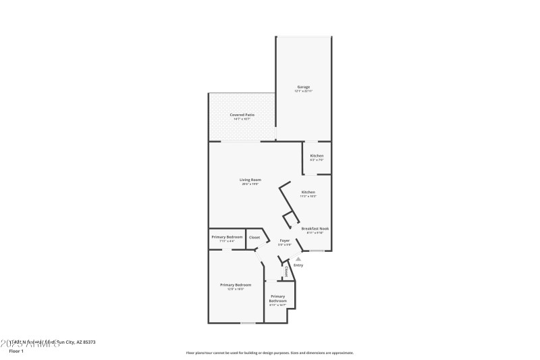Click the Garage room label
[x=303, y=88]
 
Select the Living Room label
[x=250, y=181]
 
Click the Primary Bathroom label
[x=278, y=299]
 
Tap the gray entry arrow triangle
[x=298, y=258]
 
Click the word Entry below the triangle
[x=298, y=265]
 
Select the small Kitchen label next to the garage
[x=317, y=157]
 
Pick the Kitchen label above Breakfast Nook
[x=308, y=193]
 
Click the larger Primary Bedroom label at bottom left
[x=231, y=286]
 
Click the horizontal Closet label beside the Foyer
[x=254, y=237]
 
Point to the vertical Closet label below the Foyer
[x=286, y=272]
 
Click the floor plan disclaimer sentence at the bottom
[x=269, y=353]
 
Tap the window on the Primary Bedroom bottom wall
[x=248, y=323]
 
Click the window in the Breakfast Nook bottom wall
[x=317, y=251]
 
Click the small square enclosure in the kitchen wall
[x=289, y=219]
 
